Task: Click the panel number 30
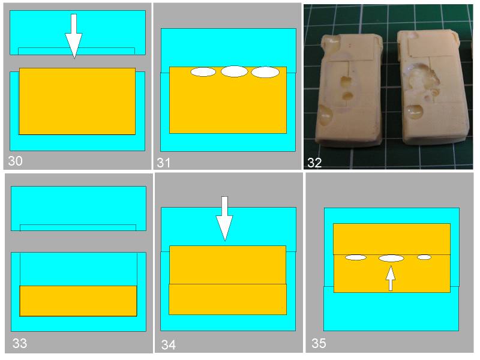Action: tap(15, 161)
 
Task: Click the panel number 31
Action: tap(163, 163)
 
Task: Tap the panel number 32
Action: tap(314, 163)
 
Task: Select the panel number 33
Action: tap(20, 343)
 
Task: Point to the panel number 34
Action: tap(169, 345)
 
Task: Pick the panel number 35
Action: tap(319, 343)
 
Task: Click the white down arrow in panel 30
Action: tap(73, 36)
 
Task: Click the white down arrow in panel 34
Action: tap(224, 218)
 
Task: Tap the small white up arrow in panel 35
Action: tap(391, 278)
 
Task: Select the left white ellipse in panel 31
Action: tap(203, 72)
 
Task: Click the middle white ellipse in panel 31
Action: tap(235, 71)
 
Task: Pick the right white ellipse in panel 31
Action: tap(265, 72)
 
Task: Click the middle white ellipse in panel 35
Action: tap(391, 259)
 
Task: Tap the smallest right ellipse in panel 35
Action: tap(424, 257)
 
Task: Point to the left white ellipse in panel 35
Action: tap(356, 257)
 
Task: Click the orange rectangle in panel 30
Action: tap(77, 101)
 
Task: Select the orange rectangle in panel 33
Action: tap(78, 301)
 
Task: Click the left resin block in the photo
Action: tap(349, 89)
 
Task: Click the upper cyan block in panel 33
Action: tap(79, 208)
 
